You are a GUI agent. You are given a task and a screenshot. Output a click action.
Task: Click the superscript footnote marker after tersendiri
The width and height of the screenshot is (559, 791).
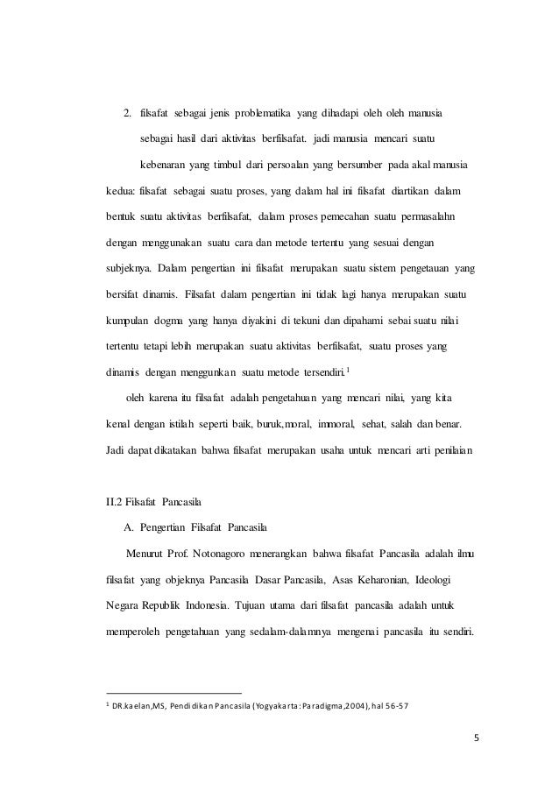[348, 370]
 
